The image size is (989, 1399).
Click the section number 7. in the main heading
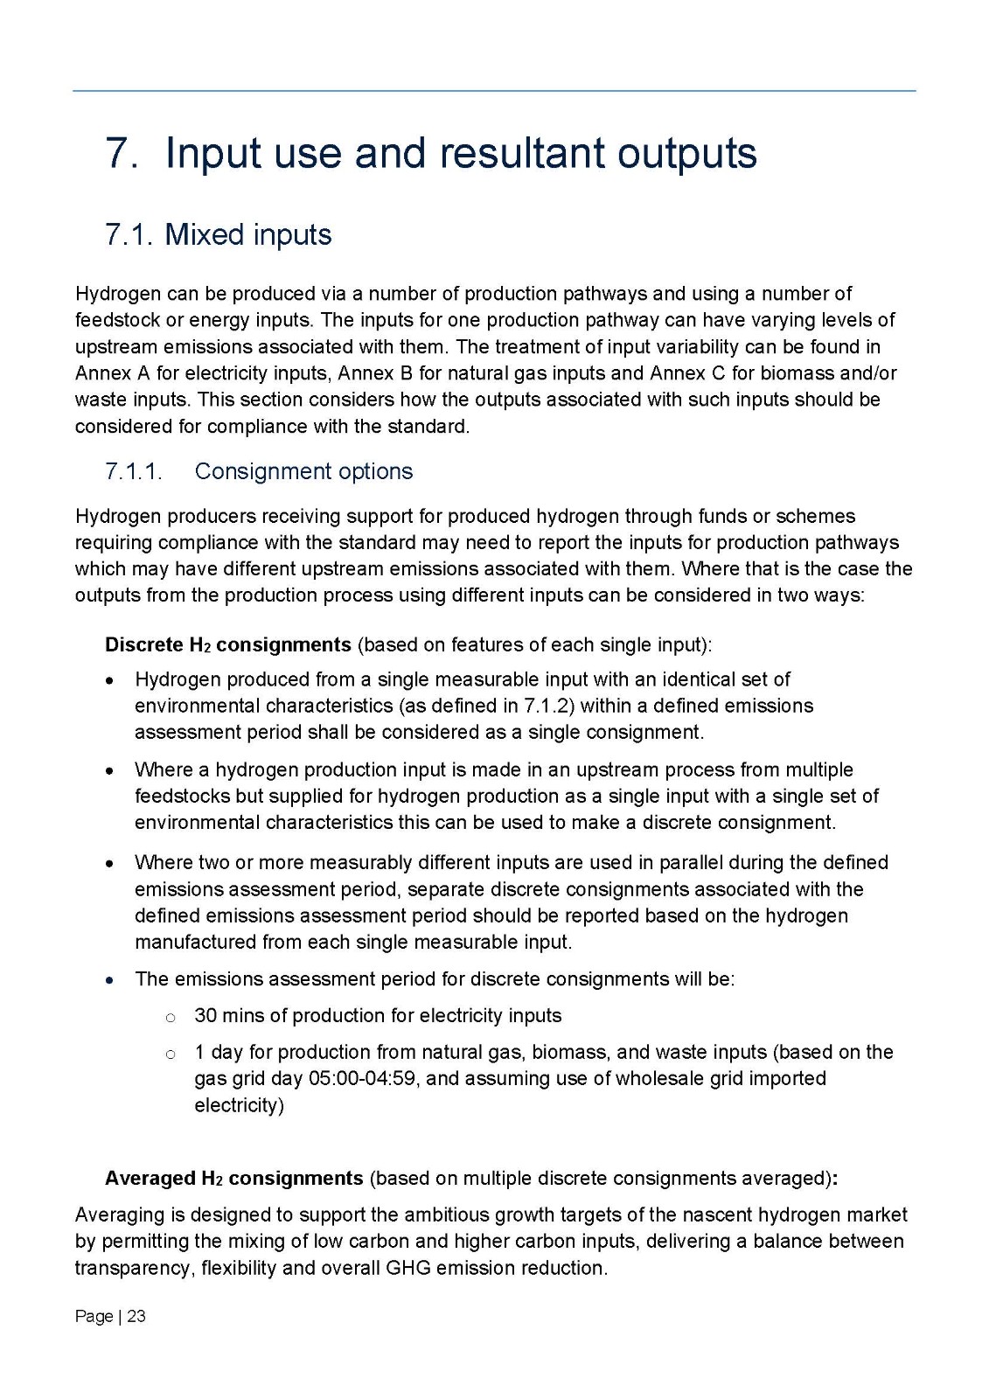(x=122, y=154)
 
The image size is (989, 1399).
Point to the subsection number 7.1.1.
(x=134, y=471)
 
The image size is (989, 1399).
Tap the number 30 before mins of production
(x=205, y=1016)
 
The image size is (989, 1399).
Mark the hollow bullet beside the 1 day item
(x=171, y=1054)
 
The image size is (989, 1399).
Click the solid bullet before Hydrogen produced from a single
(x=109, y=680)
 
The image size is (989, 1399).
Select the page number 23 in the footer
(x=136, y=1317)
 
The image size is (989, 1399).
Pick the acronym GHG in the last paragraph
(x=408, y=1269)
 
